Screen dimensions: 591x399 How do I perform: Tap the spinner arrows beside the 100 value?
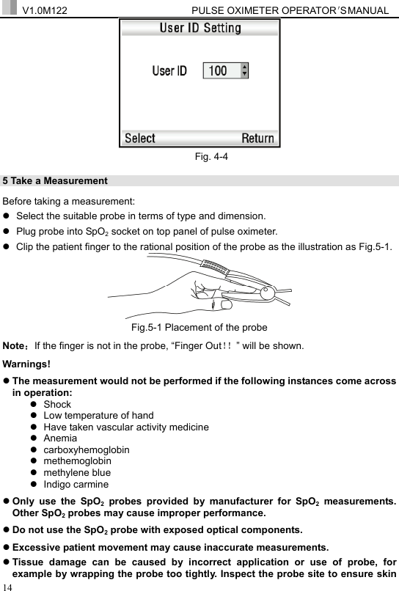coord(244,70)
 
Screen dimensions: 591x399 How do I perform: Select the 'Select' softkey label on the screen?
coord(140,138)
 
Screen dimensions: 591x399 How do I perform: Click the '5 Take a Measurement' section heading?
coord(56,180)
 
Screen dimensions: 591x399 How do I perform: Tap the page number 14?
coord(7,586)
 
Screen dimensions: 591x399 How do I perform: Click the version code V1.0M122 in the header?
coord(46,9)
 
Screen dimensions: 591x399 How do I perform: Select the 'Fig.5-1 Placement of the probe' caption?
coord(199,327)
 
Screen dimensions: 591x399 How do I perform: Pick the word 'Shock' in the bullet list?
coord(57,404)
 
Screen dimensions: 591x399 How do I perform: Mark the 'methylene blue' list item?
coord(77,472)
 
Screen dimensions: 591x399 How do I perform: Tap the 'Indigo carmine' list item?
coord(76,484)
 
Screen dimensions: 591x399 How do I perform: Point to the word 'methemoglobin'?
coord(78,460)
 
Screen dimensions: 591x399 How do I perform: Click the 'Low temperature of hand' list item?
coord(98,415)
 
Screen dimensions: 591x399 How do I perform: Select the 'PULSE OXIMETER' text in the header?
coord(229,9)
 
